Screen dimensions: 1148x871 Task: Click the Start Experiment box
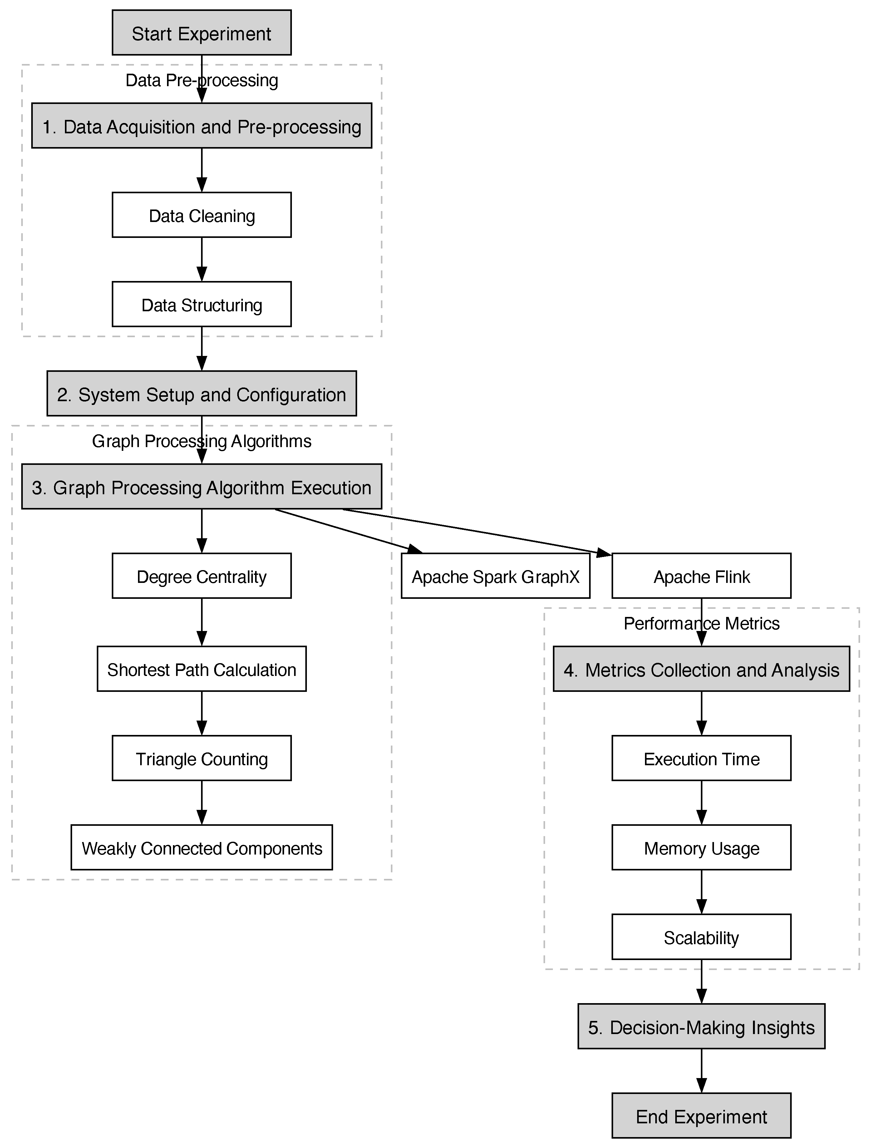[x=201, y=33]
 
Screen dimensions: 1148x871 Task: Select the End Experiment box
[x=701, y=1116]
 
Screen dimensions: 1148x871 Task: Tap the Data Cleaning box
[x=201, y=215]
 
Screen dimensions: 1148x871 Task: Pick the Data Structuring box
[x=201, y=305]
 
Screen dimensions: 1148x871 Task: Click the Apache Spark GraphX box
[x=495, y=576]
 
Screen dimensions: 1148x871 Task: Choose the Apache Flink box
[x=701, y=576]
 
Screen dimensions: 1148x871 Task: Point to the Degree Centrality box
[x=201, y=576]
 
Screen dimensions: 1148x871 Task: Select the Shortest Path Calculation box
[x=201, y=669]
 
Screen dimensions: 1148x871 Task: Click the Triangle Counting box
[x=201, y=758]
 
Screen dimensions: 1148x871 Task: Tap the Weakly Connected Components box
[x=201, y=848]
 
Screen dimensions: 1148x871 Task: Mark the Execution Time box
[x=701, y=758]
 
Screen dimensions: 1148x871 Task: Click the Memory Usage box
[x=701, y=848]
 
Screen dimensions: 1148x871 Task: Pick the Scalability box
[x=701, y=937]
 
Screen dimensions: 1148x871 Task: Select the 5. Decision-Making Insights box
[x=701, y=1027]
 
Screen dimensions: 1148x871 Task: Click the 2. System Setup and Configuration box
[x=201, y=394]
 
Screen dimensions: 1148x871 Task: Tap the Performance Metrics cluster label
[x=701, y=623]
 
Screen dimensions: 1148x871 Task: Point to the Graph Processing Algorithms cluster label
[x=201, y=441]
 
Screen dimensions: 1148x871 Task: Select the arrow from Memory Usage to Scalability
[x=701, y=892]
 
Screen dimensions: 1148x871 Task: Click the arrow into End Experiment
[x=701, y=1071]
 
